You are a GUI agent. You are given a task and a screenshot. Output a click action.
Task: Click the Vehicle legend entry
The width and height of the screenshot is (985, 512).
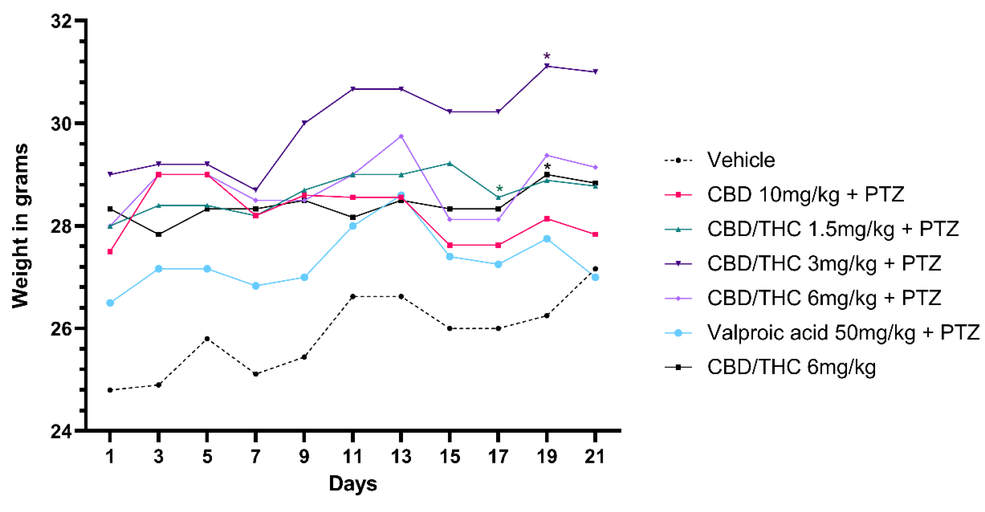tap(741, 160)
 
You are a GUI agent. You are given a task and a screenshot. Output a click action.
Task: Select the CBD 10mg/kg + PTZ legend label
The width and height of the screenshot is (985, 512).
tap(805, 194)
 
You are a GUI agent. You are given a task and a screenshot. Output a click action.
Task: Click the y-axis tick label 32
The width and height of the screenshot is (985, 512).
tap(62, 21)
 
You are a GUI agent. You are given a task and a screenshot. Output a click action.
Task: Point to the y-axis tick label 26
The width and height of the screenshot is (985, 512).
tap(62, 329)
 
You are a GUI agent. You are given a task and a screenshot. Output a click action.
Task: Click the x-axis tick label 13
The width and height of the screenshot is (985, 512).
tap(401, 457)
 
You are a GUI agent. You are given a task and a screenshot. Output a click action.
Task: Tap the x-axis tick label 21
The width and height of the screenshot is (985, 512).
tap(595, 457)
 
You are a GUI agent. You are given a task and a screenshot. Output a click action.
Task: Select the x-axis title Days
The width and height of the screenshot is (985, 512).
tap(353, 483)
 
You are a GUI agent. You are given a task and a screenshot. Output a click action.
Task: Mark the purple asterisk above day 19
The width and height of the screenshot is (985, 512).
tap(547, 57)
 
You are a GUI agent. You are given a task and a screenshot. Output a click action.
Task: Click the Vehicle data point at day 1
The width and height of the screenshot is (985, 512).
tap(110, 390)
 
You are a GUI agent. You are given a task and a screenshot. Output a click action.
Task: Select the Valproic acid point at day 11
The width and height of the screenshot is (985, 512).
tap(353, 226)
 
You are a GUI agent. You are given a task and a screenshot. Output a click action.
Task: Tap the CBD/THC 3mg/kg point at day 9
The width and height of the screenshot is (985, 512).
tap(304, 123)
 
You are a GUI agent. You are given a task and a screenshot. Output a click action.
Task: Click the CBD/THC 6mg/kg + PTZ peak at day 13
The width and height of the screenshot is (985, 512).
tap(401, 136)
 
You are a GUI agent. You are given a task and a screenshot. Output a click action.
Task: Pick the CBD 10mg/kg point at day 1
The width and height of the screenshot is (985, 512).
tap(110, 252)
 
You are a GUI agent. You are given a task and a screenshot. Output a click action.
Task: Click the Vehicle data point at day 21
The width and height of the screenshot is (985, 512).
tap(595, 269)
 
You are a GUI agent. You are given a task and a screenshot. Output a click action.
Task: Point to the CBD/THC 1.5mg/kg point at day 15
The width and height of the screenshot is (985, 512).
tap(450, 163)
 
